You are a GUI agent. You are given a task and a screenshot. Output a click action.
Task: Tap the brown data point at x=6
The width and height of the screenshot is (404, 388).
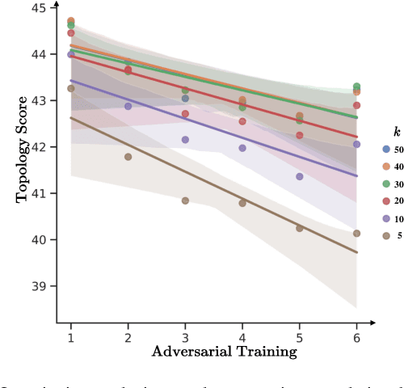coord(356,233)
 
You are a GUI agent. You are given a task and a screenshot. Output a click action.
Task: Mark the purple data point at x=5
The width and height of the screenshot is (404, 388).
coord(299,176)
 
